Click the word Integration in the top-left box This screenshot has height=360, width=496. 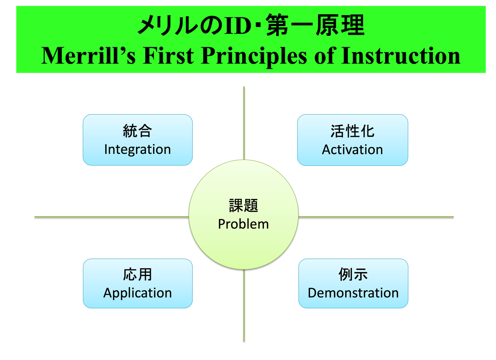[137, 150]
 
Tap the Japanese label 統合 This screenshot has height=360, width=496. [137, 131]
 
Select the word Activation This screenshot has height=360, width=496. [352, 150]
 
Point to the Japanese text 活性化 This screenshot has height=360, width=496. [352, 131]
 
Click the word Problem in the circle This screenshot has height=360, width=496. [243, 224]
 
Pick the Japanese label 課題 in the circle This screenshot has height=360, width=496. [243, 206]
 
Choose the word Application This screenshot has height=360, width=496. [137, 293]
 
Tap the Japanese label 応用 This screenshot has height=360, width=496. [137, 275]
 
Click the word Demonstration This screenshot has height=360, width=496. [353, 293]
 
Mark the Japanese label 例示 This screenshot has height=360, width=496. [353, 275]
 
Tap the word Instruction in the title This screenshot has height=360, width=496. [401, 56]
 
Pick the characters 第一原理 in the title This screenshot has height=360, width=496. [315, 26]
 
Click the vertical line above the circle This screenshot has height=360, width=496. [244, 122]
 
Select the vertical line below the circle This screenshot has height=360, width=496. [244, 306]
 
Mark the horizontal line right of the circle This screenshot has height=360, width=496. [376, 217]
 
